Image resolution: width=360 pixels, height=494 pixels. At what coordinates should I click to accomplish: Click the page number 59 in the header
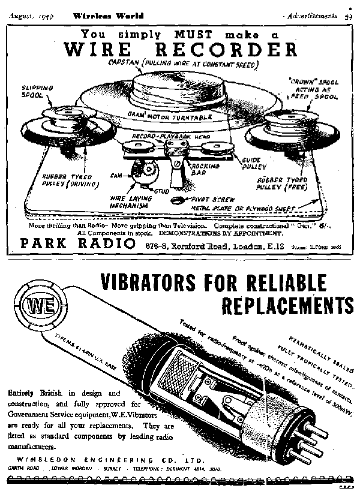click(348, 16)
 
